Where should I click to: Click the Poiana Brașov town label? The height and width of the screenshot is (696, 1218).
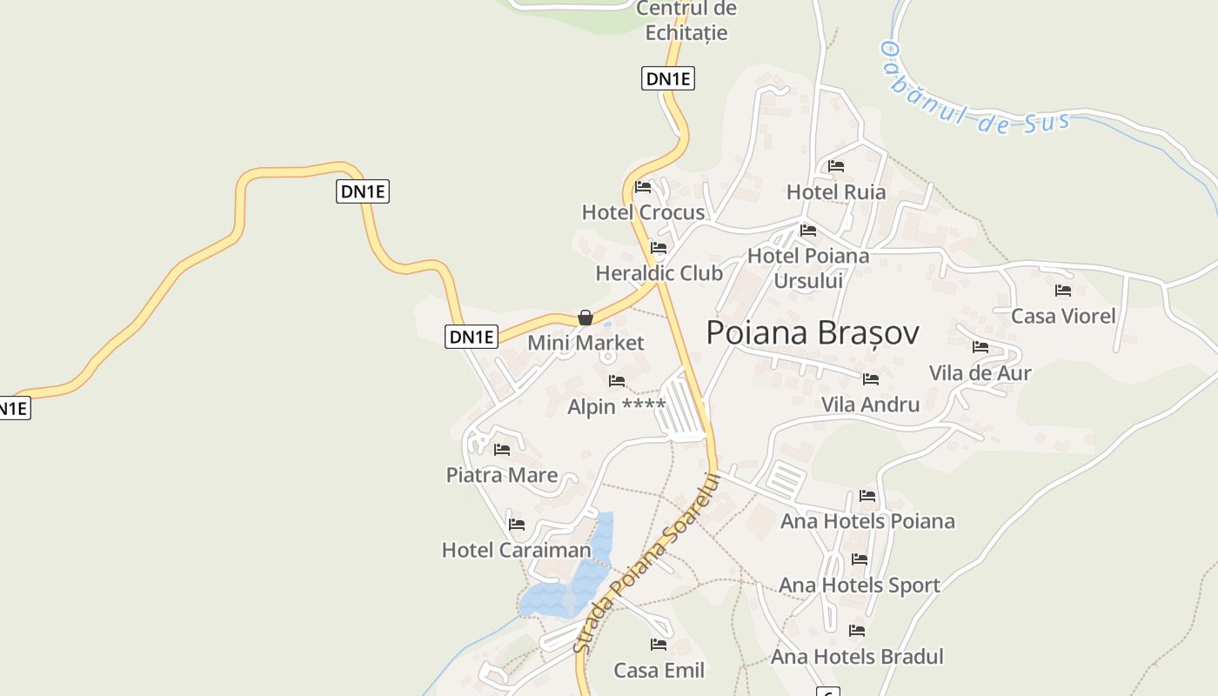pos(812,333)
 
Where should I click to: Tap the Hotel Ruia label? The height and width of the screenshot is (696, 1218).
pos(835,192)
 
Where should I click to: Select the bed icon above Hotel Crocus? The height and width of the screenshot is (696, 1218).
pos(643,187)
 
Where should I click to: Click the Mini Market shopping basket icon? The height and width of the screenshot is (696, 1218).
pos(586,318)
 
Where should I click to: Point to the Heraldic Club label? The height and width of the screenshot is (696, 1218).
pos(659,273)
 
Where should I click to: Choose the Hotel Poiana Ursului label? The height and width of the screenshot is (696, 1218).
pos(808,268)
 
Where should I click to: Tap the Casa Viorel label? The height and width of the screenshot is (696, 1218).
pos(1062,316)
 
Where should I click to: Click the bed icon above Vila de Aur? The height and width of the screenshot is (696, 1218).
pos(980,347)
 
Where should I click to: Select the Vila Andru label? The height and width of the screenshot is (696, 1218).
pos(870,405)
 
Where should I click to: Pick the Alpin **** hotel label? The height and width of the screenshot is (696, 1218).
pos(616,406)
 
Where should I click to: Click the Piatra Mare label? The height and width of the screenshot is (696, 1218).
pos(501,475)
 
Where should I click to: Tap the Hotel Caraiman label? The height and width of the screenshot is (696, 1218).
pos(516,550)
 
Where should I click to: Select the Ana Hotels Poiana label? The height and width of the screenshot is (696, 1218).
pos(867,521)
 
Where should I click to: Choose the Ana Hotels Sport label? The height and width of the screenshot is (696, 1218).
pos(859,586)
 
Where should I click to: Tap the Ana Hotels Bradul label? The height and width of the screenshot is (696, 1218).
pos(856,657)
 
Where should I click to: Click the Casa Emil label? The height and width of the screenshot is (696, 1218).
pos(659,671)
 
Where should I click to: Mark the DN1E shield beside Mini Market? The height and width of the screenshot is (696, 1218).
pos(471,337)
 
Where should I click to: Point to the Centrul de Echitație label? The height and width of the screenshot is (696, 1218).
pos(686,21)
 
